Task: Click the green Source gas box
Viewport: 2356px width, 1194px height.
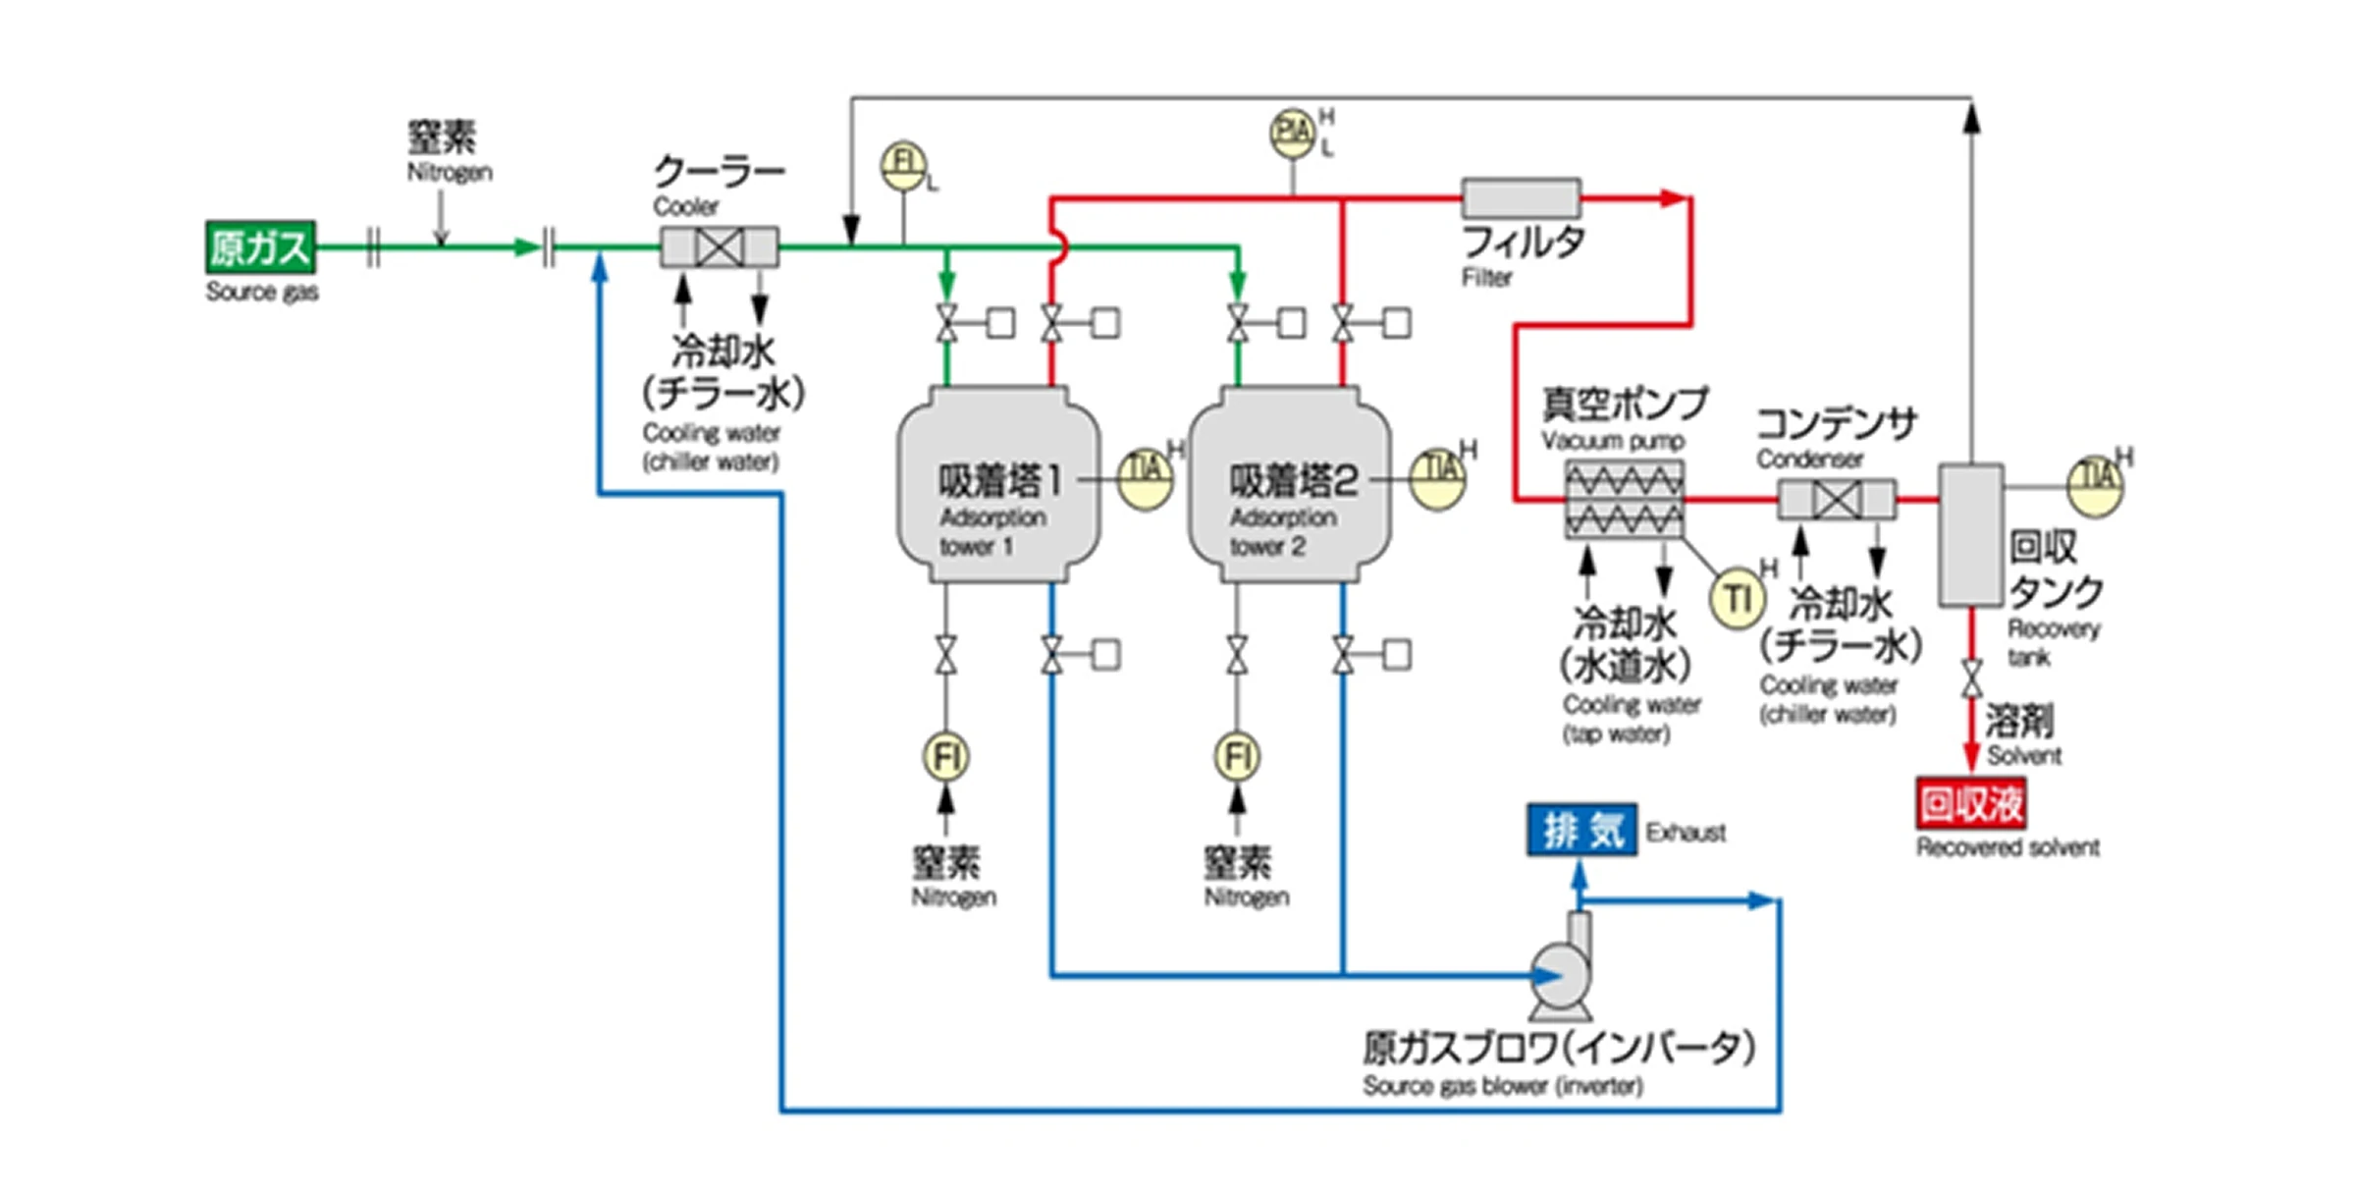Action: (260, 246)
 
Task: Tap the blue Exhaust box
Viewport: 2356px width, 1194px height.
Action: (1581, 830)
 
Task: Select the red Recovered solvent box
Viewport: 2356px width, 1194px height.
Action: (1971, 804)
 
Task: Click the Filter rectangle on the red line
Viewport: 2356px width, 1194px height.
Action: (1521, 197)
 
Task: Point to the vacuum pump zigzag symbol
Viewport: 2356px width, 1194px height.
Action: (1624, 499)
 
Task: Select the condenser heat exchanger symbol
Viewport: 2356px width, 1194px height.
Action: (1837, 500)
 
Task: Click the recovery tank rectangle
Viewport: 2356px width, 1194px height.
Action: (1971, 534)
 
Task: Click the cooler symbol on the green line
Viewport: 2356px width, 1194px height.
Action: (719, 246)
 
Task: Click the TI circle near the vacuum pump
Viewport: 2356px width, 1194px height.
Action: (1738, 598)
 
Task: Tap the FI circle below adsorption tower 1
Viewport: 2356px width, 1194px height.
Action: (945, 757)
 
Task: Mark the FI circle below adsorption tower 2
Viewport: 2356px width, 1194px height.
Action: (1237, 757)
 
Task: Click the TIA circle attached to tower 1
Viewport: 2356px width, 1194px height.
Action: (1146, 480)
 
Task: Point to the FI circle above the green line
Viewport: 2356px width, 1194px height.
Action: (903, 165)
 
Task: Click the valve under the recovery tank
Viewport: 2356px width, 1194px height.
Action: (1971, 678)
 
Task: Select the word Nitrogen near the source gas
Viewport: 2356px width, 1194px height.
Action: (450, 172)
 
